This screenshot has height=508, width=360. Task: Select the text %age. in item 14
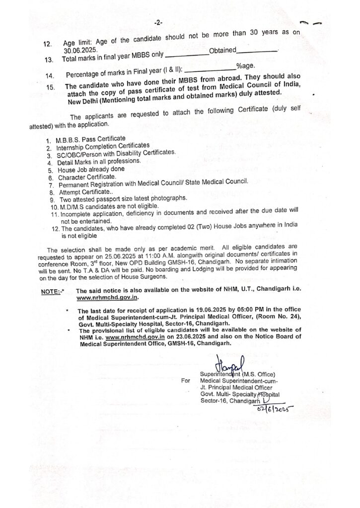point(246,66)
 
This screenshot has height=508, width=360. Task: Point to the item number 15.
point(49,87)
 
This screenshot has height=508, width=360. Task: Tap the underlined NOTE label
point(51,292)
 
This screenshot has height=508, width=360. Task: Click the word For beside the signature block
point(186,381)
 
